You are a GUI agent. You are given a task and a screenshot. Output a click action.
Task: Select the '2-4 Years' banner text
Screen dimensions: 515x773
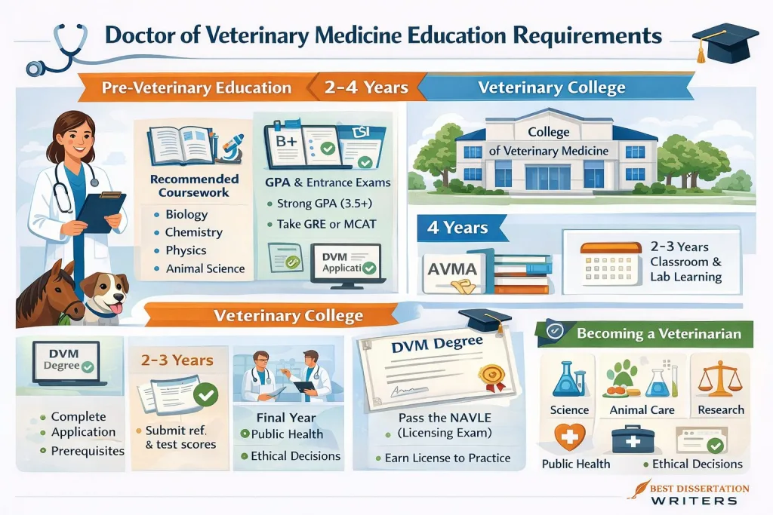tap(365, 87)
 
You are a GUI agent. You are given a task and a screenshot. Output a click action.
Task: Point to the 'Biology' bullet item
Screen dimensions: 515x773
tap(186, 215)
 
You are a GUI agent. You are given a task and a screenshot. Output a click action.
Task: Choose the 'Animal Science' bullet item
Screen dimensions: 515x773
tap(205, 268)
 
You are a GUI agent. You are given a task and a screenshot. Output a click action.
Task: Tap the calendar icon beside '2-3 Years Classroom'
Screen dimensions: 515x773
tap(605, 263)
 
